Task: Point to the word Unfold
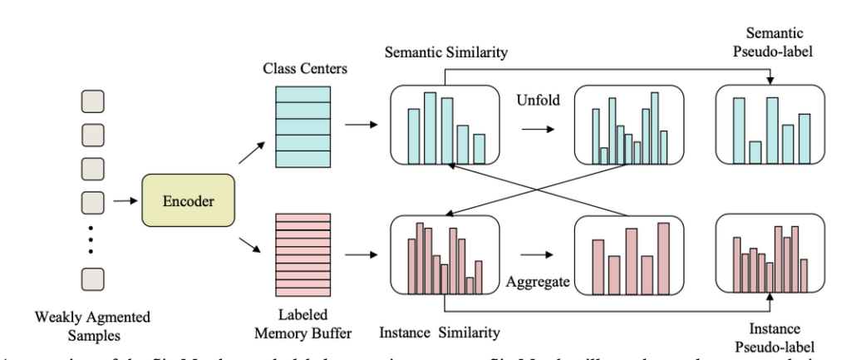[x=537, y=97]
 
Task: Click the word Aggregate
[x=538, y=283]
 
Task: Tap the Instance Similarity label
[x=440, y=333]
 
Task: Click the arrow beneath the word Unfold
[x=536, y=129]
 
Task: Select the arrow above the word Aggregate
[x=536, y=254]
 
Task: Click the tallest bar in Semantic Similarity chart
[x=430, y=127]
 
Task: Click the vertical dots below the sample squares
[x=91, y=239]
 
